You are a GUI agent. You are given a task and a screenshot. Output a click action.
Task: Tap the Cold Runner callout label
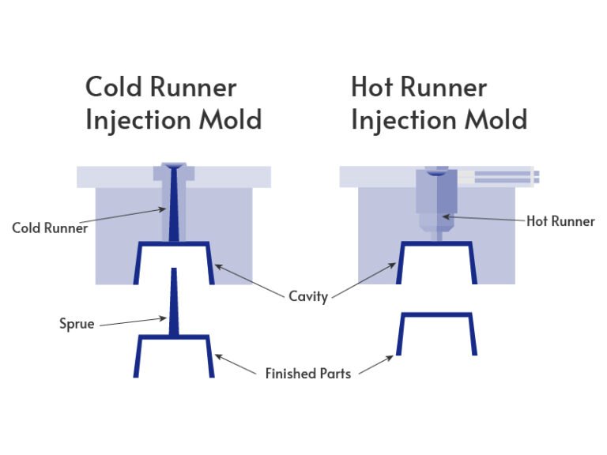(x=50, y=228)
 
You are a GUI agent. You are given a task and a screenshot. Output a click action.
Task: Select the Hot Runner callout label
(x=560, y=221)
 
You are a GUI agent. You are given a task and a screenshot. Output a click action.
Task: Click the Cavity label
(x=307, y=298)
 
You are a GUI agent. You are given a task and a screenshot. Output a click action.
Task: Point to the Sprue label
(x=77, y=323)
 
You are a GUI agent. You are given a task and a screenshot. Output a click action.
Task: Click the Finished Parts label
(x=307, y=372)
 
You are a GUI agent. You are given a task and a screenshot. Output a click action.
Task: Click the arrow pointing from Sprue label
(x=132, y=320)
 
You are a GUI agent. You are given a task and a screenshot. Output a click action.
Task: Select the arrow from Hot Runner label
(x=484, y=218)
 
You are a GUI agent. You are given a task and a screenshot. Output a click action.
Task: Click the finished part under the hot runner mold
(x=435, y=332)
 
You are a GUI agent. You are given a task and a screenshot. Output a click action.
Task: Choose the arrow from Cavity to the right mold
(x=364, y=280)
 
